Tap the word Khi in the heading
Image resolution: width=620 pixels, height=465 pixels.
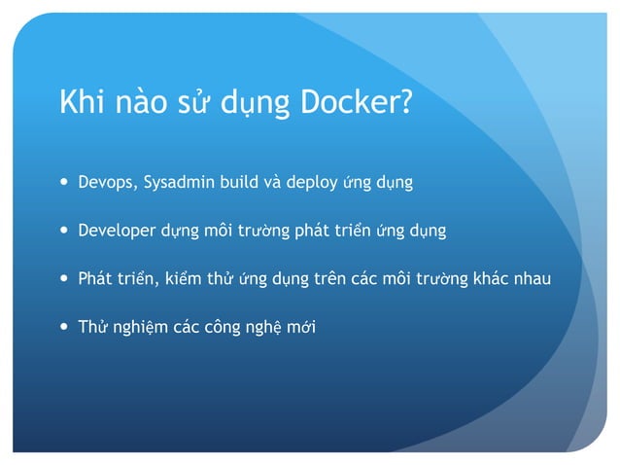pyautogui.click(x=83, y=102)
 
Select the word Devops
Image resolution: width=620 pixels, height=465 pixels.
pyautogui.click(x=107, y=182)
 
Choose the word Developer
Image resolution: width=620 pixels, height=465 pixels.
pyautogui.click(x=117, y=231)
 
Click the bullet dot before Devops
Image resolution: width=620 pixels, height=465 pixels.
pyautogui.click(x=64, y=182)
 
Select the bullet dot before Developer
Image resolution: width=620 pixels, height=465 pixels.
pyautogui.click(x=64, y=231)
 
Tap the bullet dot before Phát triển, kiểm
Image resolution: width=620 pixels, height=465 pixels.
pyautogui.click(x=64, y=278)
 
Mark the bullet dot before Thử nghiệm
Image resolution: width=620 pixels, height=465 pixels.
pyautogui.click(x=64, y=326)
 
